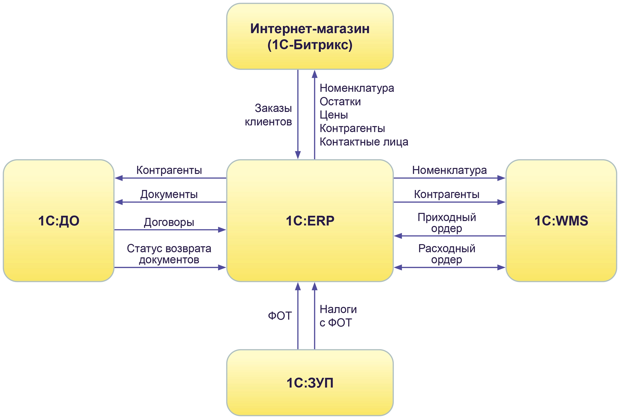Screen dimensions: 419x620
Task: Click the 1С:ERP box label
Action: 310,221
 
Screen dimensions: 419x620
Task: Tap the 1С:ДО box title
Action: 59,221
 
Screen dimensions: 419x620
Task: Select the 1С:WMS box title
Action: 561,221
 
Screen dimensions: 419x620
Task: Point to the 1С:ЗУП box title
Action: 310,383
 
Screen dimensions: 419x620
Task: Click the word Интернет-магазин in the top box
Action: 310,29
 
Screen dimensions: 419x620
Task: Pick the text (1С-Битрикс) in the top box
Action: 310,45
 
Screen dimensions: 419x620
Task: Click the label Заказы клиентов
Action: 268,115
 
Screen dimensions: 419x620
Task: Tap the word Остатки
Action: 340,101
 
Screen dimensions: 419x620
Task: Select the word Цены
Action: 334,115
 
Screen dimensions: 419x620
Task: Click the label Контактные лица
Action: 364,142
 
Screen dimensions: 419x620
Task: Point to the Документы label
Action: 169,194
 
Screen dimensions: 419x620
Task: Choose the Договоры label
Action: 169,222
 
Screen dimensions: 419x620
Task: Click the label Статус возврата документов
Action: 169,254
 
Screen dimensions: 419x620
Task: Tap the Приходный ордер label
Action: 447,223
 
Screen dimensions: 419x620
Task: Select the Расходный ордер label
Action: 447,254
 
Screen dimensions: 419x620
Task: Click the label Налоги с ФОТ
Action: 338,316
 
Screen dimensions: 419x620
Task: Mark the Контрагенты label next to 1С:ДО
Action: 169,170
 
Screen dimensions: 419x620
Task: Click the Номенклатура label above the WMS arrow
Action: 449,170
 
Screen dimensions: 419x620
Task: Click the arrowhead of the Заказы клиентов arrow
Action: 298,155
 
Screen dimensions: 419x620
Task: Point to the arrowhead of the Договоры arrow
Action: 222,229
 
